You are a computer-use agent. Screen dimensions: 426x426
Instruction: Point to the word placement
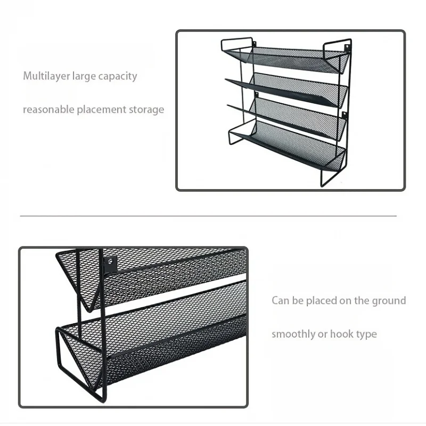pos(102,110)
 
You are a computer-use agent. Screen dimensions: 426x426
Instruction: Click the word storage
pos(146,110)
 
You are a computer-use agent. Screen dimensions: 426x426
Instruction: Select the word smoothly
pos(293,334)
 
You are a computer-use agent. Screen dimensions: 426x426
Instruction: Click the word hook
pos(341,334)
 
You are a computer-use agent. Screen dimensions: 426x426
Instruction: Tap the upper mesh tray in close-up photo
pos(160,272)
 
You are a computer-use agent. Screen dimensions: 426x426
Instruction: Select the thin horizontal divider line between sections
pos(208,216)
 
